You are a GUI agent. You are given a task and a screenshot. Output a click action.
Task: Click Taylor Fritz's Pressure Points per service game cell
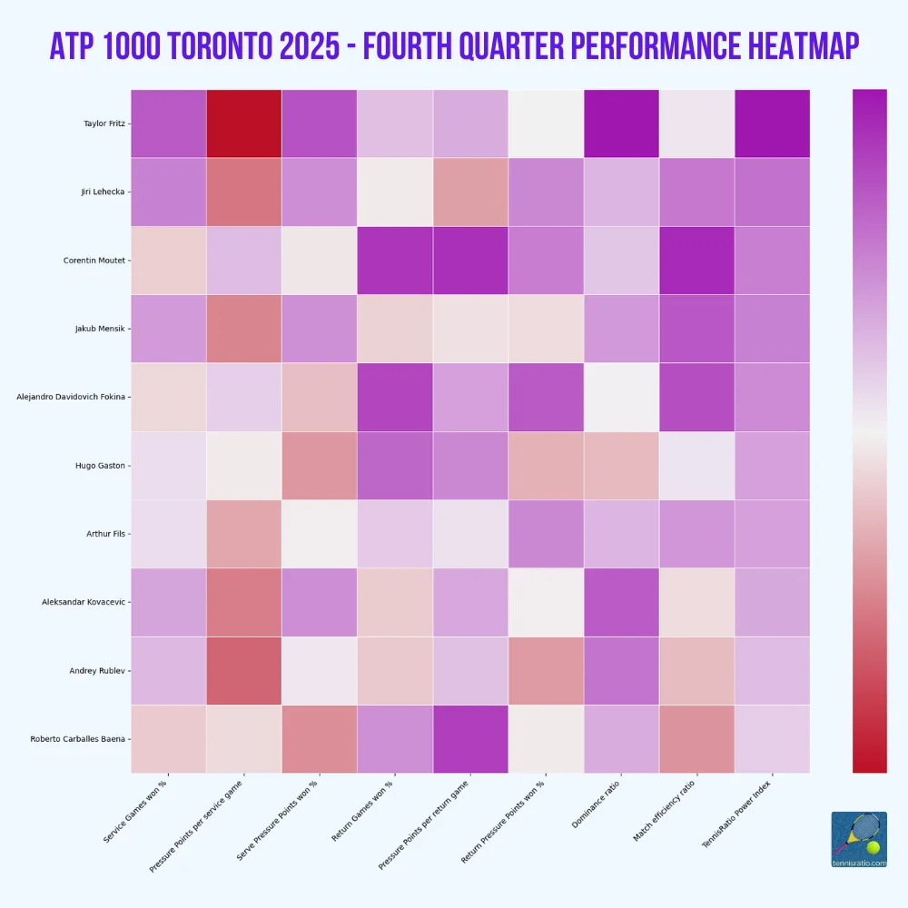coord(244,123)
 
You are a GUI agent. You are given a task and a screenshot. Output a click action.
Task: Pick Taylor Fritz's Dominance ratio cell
coord(621,123)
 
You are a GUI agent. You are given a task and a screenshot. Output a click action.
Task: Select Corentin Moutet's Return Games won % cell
coord(395,260)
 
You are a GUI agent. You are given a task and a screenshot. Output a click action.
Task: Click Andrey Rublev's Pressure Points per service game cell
coord(244,671)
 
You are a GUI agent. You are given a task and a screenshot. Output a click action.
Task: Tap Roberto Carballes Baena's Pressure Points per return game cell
coord(470,739)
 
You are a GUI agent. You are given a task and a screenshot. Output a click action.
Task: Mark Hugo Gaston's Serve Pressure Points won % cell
coord(320,465)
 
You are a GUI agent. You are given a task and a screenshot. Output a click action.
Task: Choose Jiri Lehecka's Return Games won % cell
coord(395,192)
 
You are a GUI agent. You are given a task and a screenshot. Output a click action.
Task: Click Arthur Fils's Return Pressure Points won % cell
coord(546,534)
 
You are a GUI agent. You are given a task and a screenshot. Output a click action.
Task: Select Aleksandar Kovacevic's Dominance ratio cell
coord(621,602)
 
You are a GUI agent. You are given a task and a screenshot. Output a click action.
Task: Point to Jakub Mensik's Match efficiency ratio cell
coord(696,329)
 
